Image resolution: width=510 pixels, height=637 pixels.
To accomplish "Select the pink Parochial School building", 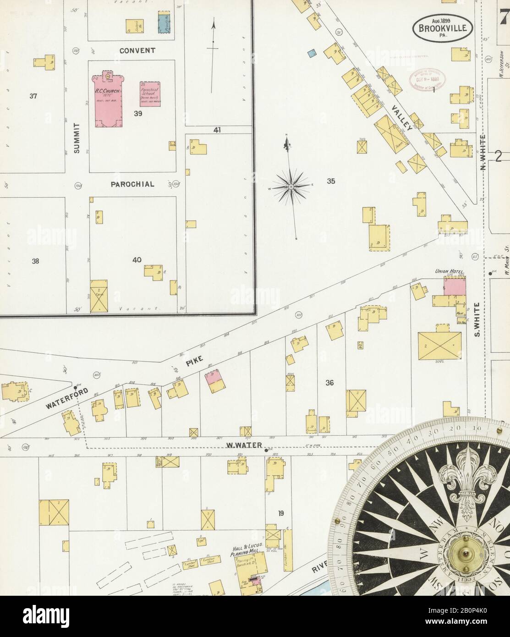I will [150, 94].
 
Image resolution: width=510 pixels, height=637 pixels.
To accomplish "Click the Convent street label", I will [137, 50].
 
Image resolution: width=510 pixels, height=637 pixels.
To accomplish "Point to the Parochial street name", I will [132, 184].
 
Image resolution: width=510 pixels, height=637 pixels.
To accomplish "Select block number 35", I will [331, 181].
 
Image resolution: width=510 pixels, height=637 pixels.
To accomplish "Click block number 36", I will [329, 383].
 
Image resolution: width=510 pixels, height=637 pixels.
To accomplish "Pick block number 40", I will [137, 260].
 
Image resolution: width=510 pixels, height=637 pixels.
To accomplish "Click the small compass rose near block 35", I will [291, 187].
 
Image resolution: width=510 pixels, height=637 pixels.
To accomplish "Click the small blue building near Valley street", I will [312, 53].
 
